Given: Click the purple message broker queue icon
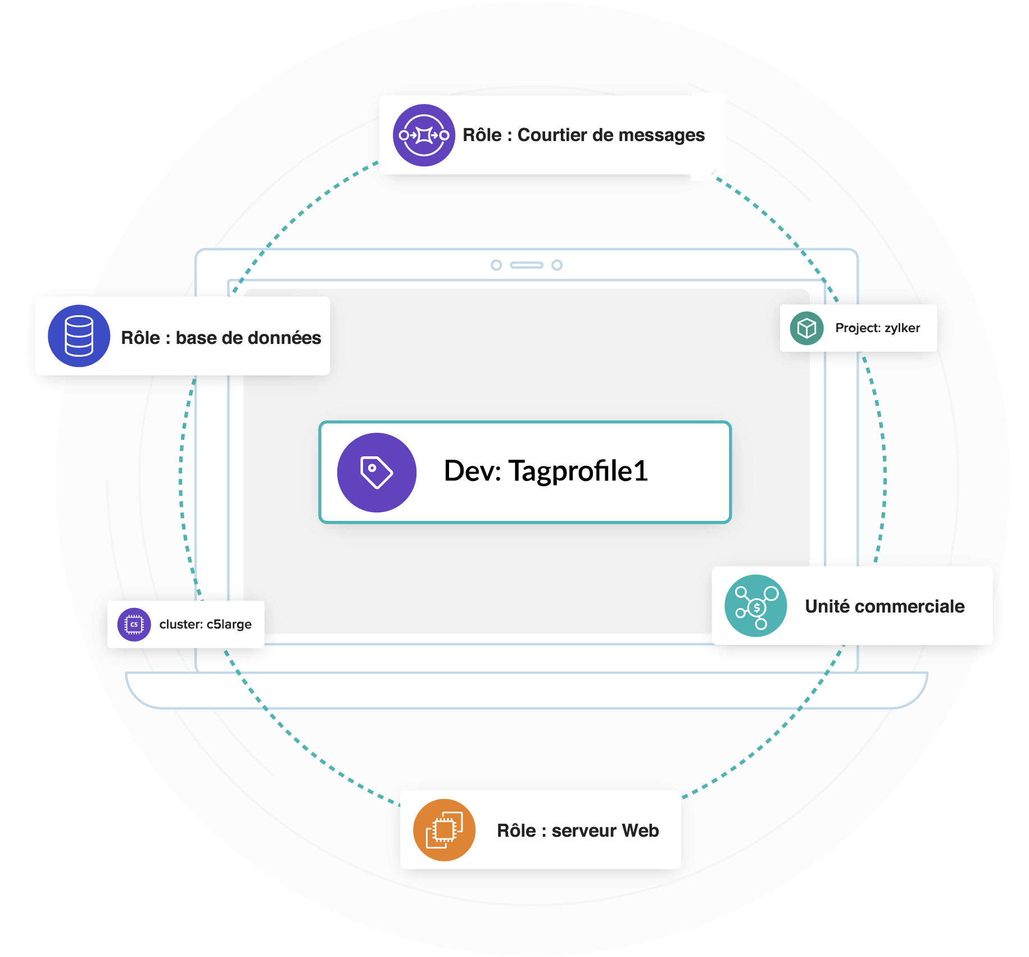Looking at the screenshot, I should (424, 135).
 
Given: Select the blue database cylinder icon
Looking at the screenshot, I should (79, 336).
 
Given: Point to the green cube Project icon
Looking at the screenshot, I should (806, 328).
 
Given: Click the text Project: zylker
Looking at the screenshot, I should (877, 328).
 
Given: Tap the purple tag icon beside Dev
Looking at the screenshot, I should (377, 472).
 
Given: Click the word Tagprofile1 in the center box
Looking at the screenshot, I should (578, 471).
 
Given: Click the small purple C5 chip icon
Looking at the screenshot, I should (134, 624).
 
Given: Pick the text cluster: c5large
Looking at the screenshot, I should (205, 624).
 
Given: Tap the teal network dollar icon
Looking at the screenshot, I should (756, 606).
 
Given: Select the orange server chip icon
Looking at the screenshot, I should (444, 830).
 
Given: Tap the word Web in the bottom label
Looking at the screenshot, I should (640, 831).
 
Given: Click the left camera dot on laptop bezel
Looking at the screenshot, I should (496, 265).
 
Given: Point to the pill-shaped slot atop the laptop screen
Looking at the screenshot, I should (527, 265).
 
